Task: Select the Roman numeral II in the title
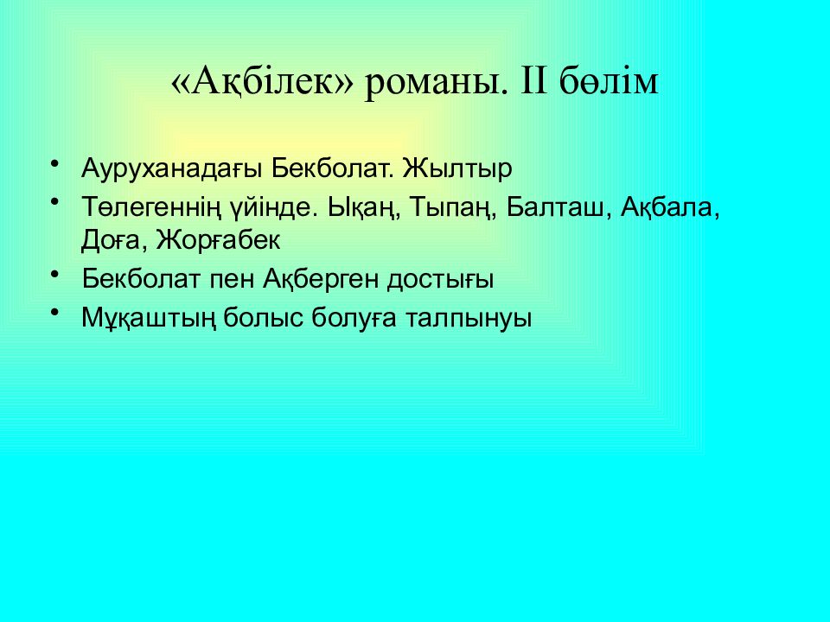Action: [x=536, y=83]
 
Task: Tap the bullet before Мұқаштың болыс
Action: [x=55, y=313]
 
